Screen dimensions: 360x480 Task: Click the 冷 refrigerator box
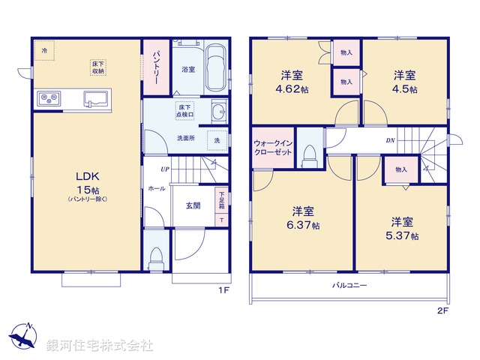[x=44, y=50]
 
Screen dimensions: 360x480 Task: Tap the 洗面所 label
[x=186, y=138]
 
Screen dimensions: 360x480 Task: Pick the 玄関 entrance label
[x=193, y=205]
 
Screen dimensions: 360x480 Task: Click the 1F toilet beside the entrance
[x=156, y=257]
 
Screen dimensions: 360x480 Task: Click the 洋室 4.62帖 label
[x=293, y=81]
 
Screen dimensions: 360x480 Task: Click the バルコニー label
[x=350, y=286]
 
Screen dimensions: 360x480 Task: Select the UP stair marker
[x=164, y=169]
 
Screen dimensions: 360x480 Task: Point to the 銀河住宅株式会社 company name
[x=99, y=346]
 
